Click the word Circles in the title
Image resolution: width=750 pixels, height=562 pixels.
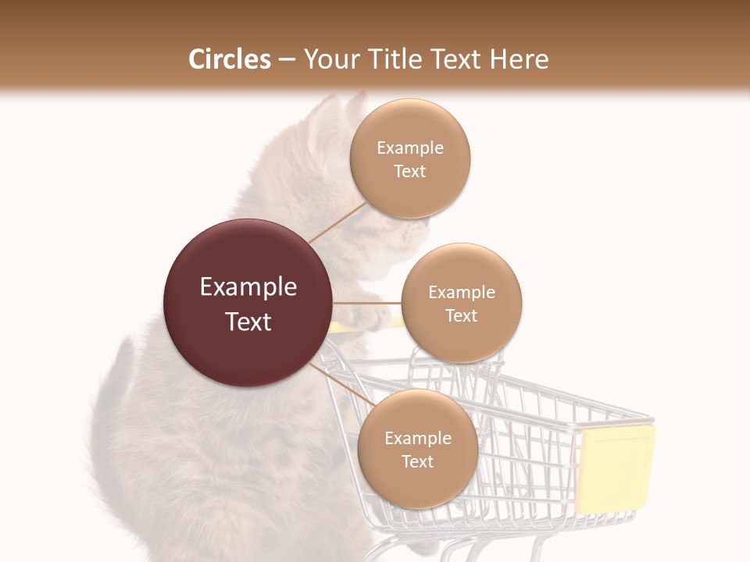point(229,59)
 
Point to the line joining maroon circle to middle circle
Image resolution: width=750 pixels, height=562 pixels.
point(366,303)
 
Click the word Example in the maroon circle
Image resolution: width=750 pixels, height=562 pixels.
point(248,287)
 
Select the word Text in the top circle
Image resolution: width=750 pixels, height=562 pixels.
point(409,171)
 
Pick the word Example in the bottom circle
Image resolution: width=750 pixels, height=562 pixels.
point(417,438)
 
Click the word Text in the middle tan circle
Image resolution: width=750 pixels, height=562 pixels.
point(461,315)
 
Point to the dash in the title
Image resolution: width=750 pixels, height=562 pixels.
point(286,59)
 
